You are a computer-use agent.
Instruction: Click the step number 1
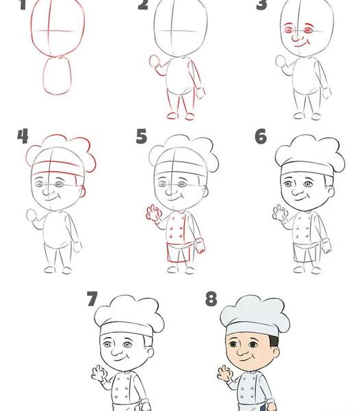(23, 5)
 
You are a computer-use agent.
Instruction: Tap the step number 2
(143, 5)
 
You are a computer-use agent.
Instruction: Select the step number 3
(261, 5)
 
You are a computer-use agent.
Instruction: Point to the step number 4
(23, 136)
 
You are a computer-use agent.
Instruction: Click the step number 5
(142, 136)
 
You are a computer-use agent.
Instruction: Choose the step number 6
(261, 136)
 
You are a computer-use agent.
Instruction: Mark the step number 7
(92, 299)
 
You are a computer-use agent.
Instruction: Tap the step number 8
(211, 299)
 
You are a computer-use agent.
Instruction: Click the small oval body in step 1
(57, 76)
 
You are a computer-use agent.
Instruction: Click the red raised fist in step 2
(154, 62)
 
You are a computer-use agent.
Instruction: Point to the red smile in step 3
(302, 45)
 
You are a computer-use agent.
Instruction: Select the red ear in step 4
(83, 191)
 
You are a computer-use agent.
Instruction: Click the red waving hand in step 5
(153, 212)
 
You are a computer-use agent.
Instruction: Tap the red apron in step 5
(179, 252)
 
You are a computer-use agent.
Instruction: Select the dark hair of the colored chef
(274, 340)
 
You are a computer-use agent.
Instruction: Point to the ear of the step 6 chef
(331, 191)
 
